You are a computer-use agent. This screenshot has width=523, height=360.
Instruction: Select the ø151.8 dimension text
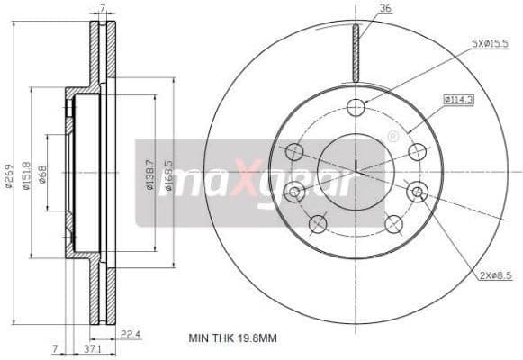pos(28,176)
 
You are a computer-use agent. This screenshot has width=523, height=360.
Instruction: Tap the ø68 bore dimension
pos(42,176)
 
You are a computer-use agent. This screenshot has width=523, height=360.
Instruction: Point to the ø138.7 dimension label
pos(149,176)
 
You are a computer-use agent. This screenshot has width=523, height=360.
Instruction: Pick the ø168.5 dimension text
pos(168,176)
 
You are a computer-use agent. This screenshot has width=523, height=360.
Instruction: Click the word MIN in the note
pos(198,337)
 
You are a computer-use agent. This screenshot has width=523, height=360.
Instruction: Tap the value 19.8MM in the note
pos(258,337)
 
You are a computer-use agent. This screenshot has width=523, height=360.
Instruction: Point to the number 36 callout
pos(385,10)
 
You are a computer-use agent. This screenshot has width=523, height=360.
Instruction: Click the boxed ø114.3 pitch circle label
pos(459,99)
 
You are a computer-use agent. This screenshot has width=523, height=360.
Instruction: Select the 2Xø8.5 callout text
pos(496,276)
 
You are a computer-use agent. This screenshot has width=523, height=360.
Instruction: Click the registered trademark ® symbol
pos(392,136)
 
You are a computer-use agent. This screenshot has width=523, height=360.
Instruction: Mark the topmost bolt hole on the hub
pos(356,107)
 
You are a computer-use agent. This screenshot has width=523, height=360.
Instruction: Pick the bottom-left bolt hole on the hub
pos(318,223)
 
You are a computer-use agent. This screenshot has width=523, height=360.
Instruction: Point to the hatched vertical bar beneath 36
pos(356,53)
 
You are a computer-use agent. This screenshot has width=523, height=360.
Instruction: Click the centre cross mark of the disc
pos(356,167)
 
